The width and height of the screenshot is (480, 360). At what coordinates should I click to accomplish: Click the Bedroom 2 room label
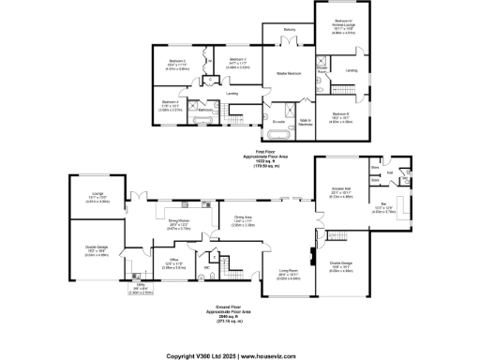(x=171, y=60)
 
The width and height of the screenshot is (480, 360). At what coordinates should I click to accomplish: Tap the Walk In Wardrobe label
(x=305, y=122)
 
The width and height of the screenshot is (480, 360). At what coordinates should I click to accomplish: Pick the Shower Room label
(x=321, y=68)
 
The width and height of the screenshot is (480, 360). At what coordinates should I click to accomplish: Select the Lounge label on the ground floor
(x=97, y=193)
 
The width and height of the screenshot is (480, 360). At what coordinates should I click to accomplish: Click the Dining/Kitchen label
(x=179, y=222)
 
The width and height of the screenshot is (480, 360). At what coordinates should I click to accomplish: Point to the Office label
(x=174, y=260)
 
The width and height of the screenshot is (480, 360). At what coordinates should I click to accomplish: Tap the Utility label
(x=140, y=287)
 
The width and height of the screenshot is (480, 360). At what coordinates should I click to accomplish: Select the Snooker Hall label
(x=339, y=190)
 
